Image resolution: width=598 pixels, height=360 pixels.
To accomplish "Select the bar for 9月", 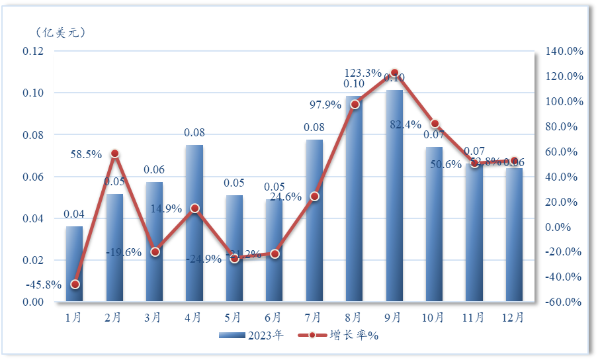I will [x=394, y=196].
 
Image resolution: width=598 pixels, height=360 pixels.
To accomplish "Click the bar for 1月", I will [x=74, y=264].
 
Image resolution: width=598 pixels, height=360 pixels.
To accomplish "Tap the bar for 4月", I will [x=194, y=224].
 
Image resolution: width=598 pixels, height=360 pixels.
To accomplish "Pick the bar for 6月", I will [x=275, y=251].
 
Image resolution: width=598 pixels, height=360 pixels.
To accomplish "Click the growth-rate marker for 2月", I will [x=114, y=154].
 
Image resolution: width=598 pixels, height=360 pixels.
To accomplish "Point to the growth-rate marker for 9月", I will [x=394, y=73].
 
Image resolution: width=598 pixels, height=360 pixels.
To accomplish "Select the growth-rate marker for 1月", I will [x=75, y=285].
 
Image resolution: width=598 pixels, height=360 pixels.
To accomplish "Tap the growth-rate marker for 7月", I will [x=315, y=197].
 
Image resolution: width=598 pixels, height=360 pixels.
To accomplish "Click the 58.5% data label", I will [x=86, y=154].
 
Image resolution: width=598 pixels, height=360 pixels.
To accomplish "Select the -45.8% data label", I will [x=44, y=285].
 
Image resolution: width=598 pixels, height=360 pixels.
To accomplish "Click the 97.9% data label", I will [x=325, y=105].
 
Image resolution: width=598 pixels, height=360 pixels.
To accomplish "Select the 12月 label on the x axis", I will [x=514, y=317].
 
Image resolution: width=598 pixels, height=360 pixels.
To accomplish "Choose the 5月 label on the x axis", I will [x=234, y=317].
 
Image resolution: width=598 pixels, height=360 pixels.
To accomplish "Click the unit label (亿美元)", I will [x=60, y=32].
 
